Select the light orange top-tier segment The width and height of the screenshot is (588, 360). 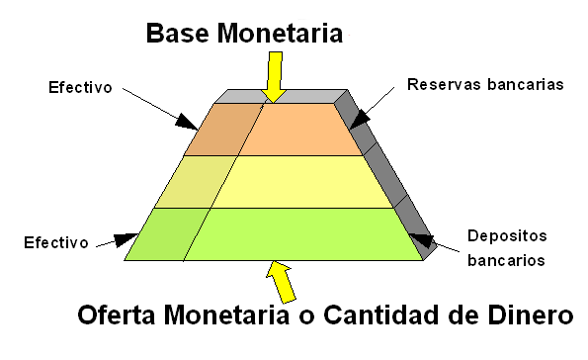pos(301,130)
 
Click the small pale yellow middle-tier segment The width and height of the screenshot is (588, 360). pos(189,182)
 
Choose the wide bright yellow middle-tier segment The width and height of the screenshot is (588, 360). pos(301,182)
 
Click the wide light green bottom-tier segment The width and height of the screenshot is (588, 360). pos(301,234)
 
